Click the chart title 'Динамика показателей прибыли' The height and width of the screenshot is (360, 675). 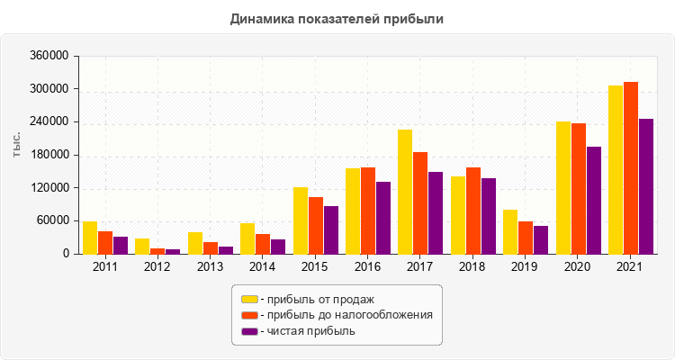click(337, 18)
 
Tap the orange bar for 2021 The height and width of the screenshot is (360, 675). click(631, 168)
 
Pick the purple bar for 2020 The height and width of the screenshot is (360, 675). click(594, 201)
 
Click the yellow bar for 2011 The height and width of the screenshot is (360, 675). click(90, 238)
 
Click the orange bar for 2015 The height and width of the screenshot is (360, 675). click(316, 225)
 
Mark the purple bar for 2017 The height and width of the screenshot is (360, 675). click(436, 213)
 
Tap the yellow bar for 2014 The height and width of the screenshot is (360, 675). click(247, 238)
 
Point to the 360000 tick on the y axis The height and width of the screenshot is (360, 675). click(50, 56)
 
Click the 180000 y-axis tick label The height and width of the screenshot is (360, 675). click(50, 155)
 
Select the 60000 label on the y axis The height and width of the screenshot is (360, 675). click(53, 221)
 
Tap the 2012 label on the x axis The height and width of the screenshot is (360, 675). click(157, 267)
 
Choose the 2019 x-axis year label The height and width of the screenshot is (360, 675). click(526, 267)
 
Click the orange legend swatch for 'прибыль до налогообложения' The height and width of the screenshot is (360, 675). click(248, 315)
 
